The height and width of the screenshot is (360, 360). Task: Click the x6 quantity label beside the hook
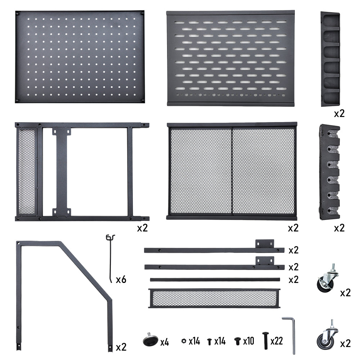(x=121, y=279)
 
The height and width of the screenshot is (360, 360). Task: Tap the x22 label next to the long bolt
(x=276, y=341)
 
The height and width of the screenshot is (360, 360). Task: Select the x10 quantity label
(x=248, y=341)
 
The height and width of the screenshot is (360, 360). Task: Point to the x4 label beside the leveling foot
(x=165, y=342)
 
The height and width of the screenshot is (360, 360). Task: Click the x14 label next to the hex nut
(x=194, y=341)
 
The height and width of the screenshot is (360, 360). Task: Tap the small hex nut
(x=184, y=341)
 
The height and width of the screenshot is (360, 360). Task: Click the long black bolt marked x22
(x=265, y=341)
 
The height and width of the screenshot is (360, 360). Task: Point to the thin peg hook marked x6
(x=111, y=258)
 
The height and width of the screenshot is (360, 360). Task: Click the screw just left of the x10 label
(x=238, y=341)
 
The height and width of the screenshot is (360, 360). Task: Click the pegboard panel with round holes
(x=80, y=57)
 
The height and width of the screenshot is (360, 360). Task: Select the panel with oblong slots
(x=230, y=58)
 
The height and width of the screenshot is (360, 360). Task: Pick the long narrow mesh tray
(x=214, y=298)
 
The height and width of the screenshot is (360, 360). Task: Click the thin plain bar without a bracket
(x=215, y=280)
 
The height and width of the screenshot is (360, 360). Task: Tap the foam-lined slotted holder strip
(x=329, y=172)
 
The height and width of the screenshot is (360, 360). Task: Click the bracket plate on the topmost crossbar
(x=265, y=244)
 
